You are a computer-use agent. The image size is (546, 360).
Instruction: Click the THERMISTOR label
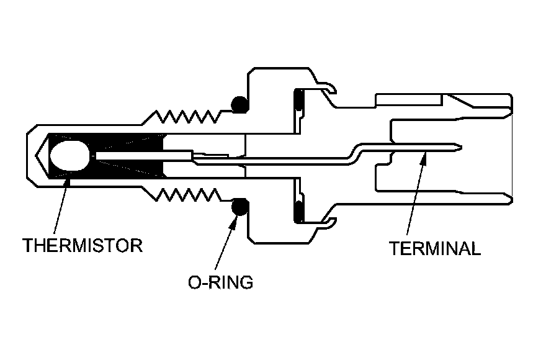[83, 245]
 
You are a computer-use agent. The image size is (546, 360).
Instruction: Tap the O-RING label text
[221, 282]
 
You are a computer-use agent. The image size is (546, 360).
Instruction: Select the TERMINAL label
[434, 249]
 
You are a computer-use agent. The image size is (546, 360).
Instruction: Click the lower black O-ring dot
[238, 207]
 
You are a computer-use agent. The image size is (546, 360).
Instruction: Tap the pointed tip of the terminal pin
[460, 146]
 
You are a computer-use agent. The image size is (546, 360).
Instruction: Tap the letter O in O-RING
[194, 282]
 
